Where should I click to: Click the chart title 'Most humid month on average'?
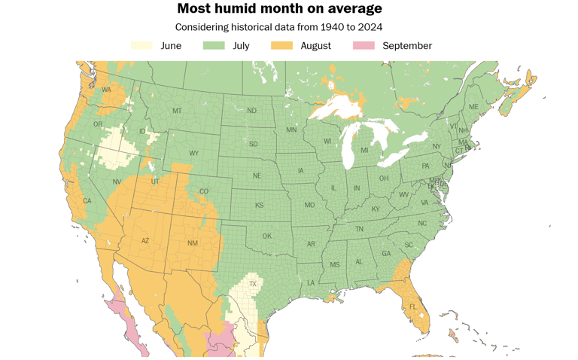[279, 9]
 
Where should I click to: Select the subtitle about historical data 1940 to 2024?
[279, 27]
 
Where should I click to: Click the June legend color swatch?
[141, 46]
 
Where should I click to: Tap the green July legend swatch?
[214, 46]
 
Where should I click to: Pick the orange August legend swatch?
[282, 46]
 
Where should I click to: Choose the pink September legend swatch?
[364, 46]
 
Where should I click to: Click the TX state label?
[253, 284]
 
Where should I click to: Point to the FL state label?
[412, 307]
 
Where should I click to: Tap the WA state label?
[106, 90]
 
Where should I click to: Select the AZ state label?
[145, 241]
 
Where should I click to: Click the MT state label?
[177, 111]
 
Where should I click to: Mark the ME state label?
[473, 107]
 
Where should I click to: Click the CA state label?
[87, 200]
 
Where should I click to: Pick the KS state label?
[259, 205]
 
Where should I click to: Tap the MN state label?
[291, 130]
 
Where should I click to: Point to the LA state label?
[310, 282]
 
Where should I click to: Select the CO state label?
[203, 191]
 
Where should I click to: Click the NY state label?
[437, 146]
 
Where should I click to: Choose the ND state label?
[251, 111]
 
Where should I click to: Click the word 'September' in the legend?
[407, 46]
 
